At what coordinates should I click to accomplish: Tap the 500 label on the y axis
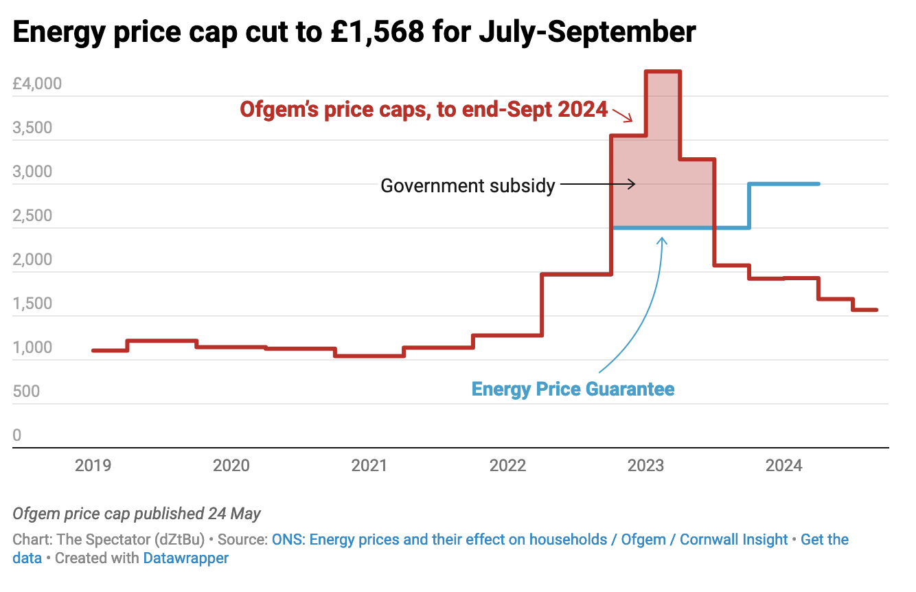pyautogui.click(x=26, y=391)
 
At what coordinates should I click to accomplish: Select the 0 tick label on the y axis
pyautogui.click(x=17, y=435)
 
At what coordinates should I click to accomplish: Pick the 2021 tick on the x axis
pyautogui.click(x=369, y=466)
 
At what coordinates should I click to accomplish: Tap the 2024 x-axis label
pyautogui.click(x=783, y=466)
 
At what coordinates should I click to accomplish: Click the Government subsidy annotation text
pyautogui.click(x=468, y=185)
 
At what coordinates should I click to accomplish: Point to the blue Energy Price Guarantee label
pyautogui.click(x=573, y=389)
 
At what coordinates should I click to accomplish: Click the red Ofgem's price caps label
pyautogui.click(x=424, y=109)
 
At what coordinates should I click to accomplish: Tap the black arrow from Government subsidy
pyautogui.click(x=597, y=184)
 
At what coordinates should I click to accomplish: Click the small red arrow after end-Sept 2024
pyautogui.click(x=622, y=115)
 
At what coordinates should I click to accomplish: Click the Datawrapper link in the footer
pyautogui.click(x=185, y=558)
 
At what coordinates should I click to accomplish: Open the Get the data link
pyautogui.click(x=825, y=540)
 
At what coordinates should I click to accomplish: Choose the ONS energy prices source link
pyautogui.click(x=439, y=540)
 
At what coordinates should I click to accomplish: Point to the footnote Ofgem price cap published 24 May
pyautogui.click(x=137, y=514)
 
